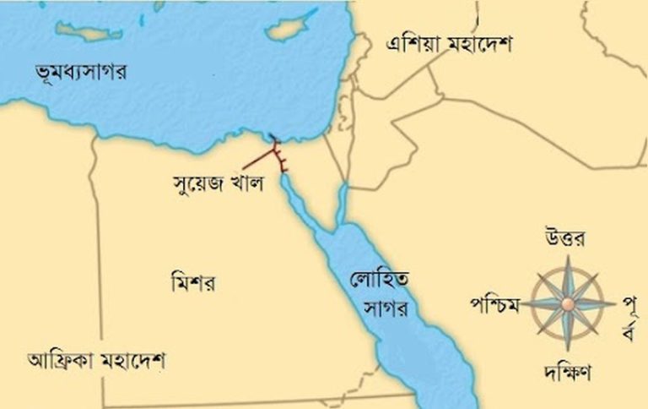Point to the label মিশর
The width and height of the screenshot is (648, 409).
[192, 282]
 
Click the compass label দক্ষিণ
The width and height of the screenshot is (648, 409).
[567, 370]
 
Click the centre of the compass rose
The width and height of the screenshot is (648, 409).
[568, 303]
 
